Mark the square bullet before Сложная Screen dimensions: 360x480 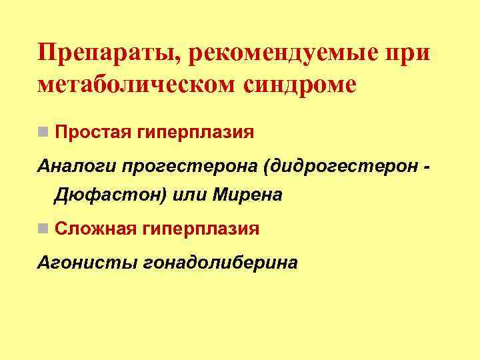(43, 229)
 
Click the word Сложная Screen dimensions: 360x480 (93, 229)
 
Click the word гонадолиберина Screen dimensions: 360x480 (221, 261)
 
